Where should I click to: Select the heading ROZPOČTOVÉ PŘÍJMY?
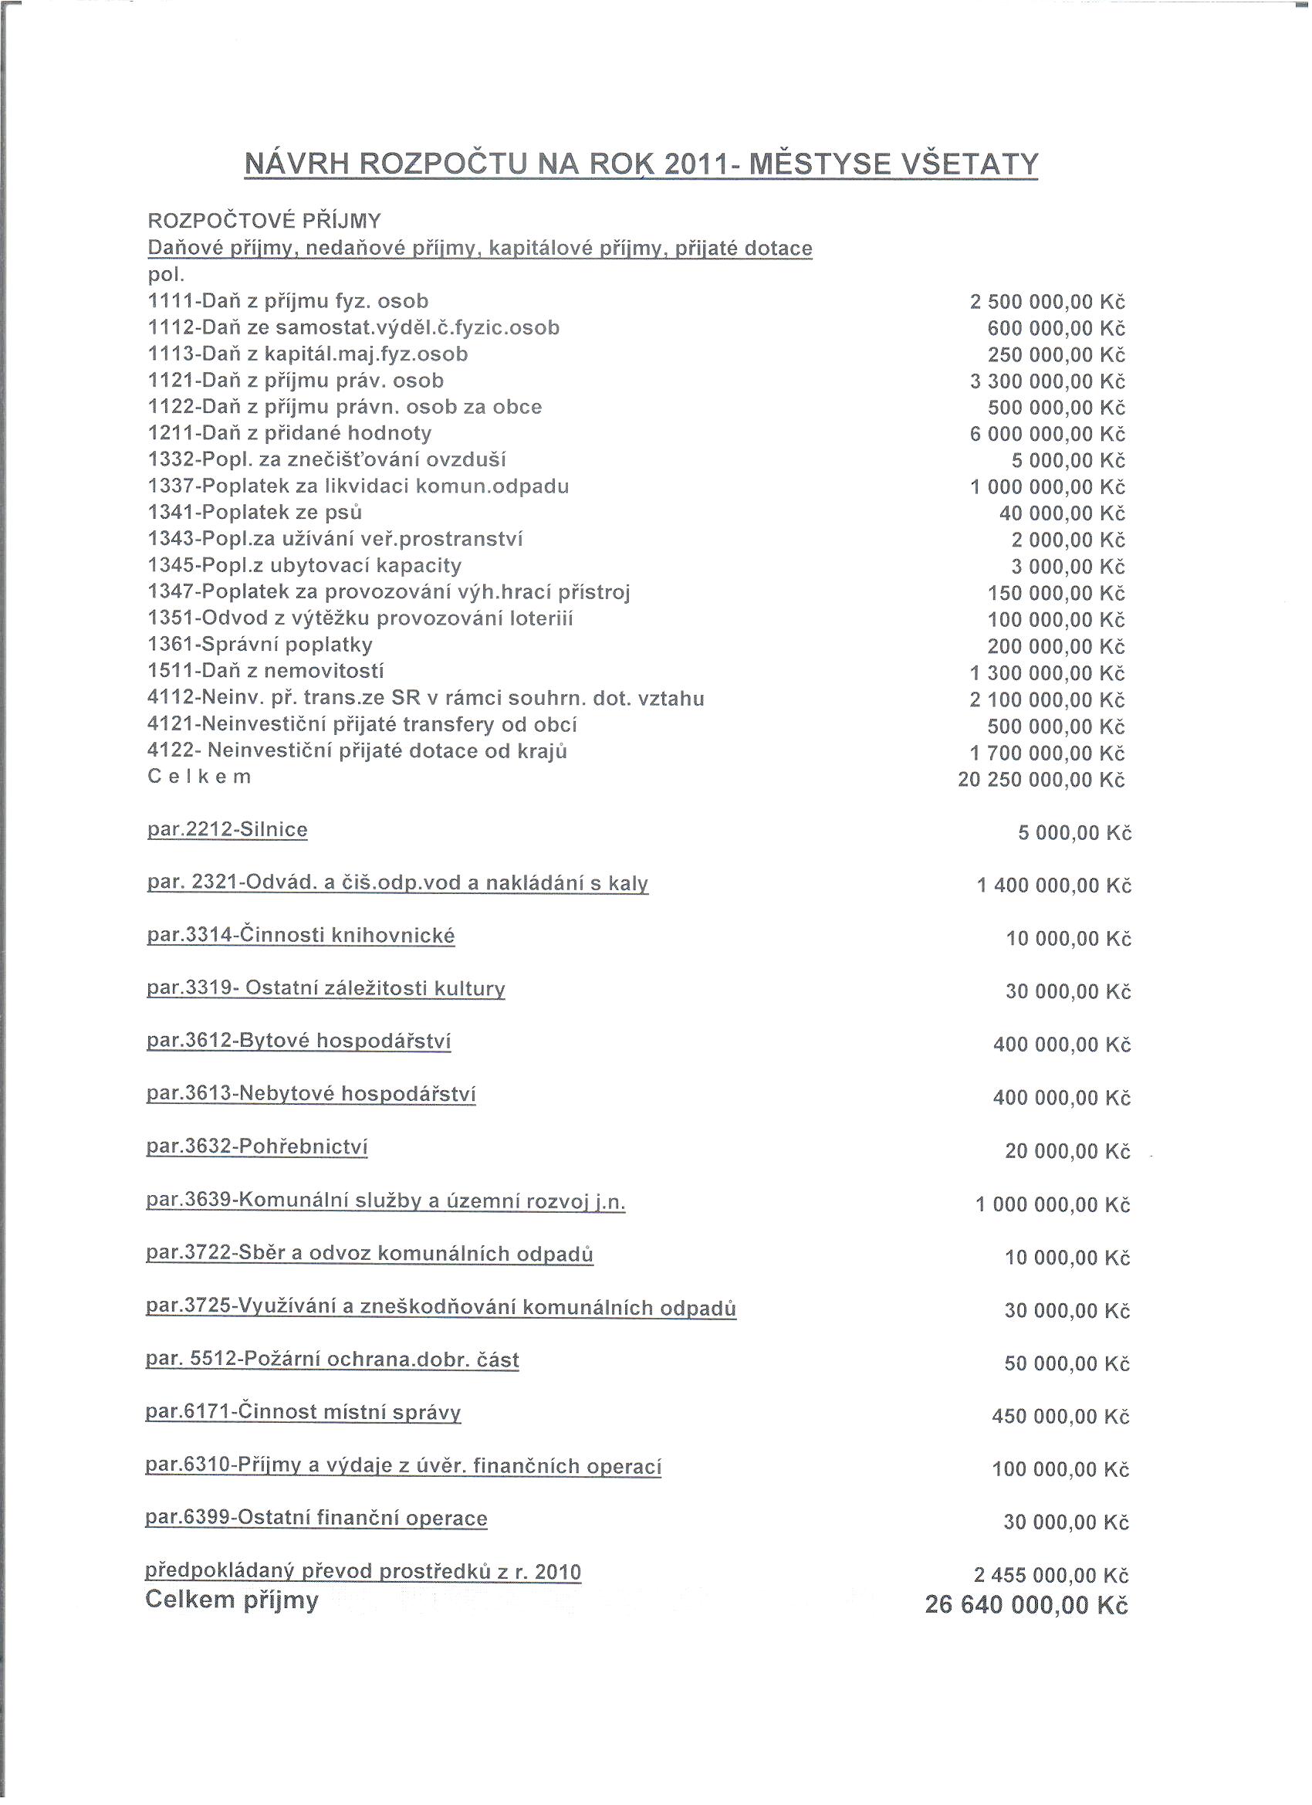click(264, 221)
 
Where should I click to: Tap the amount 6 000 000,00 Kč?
click(1047, 435)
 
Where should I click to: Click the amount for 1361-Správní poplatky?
click(1056, 646)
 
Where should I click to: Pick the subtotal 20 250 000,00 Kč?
click(1040, 780)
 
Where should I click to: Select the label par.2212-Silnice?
click(228, 830)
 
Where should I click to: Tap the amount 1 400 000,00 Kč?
click(1053, 886)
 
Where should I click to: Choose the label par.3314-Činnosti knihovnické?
click(301, 935)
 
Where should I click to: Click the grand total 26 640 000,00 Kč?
click(1026, 1605)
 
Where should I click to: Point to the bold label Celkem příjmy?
click(232, 1600)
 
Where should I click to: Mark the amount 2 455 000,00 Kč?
click(1051, 1576)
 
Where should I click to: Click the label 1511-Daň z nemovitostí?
click(265, 671)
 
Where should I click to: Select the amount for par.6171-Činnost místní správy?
click(1060, 1417)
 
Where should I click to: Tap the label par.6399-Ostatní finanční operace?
click(316, 1519)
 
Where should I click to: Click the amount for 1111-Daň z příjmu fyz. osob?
click(1047, 303)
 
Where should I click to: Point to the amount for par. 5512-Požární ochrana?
click(1067, 1364)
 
